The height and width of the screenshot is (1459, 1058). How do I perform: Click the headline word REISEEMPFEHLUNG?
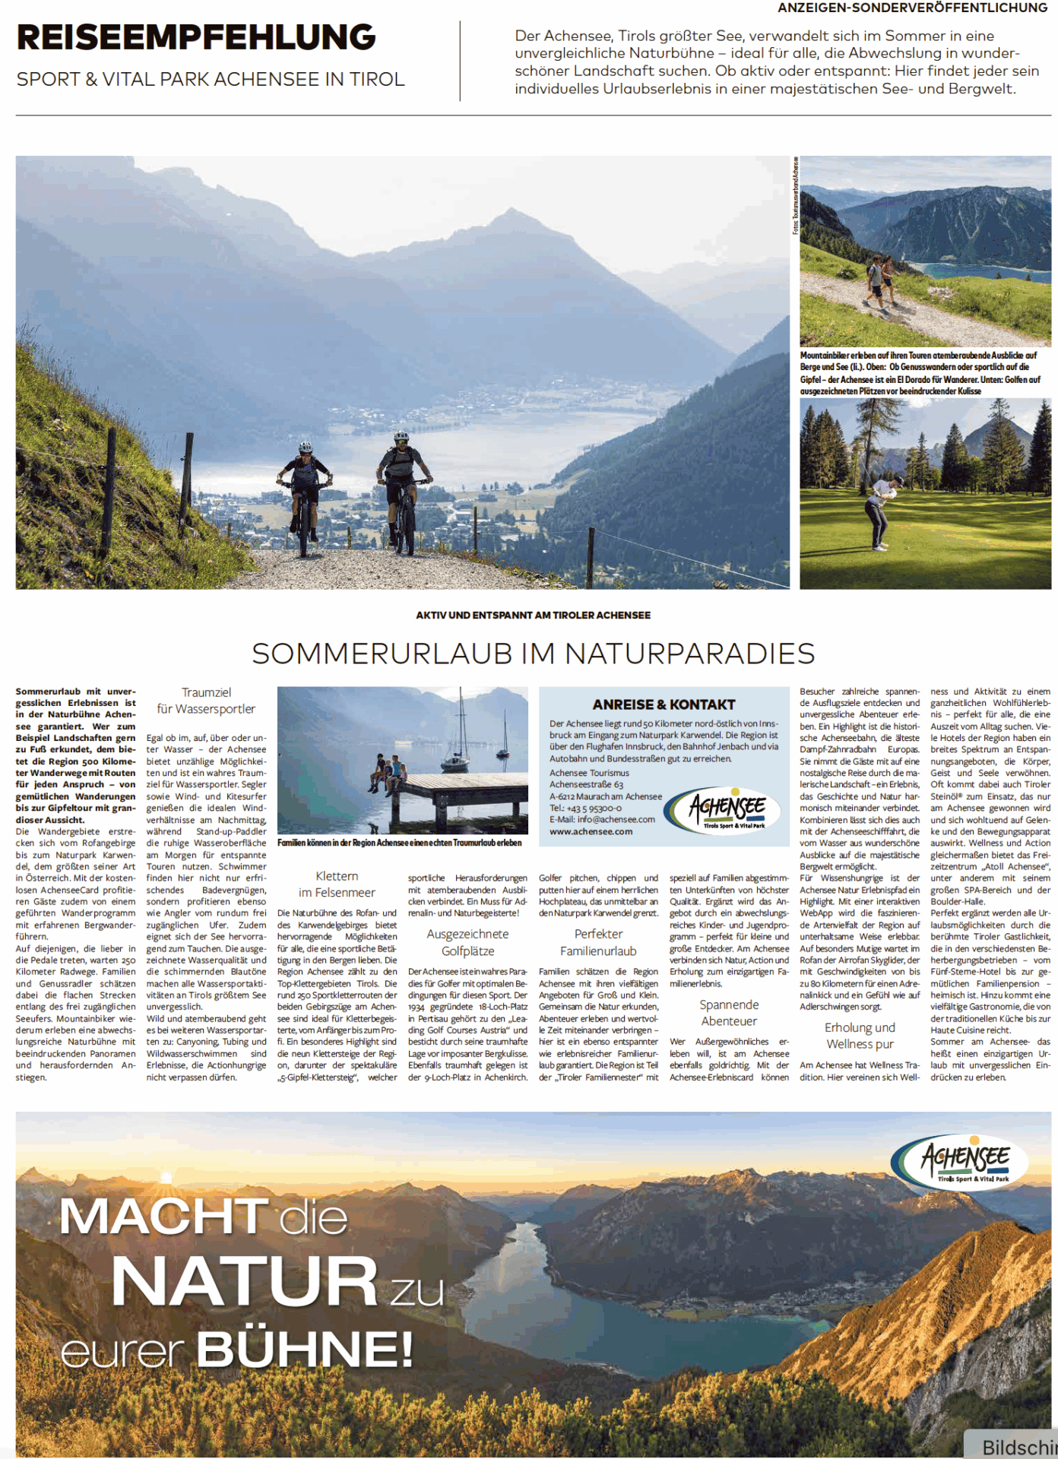(196, 37)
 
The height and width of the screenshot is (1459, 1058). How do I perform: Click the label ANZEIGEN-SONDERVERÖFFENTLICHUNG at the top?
(911, 8)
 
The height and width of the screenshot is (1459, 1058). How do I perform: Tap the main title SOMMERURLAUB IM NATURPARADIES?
(533, 654)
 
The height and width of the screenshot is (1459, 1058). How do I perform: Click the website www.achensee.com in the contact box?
(591, 831)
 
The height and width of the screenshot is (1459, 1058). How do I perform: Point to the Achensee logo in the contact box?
(727, 809)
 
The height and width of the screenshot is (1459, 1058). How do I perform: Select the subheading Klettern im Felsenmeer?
(337, 885)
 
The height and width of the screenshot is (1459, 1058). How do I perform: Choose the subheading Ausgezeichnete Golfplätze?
(467, 942)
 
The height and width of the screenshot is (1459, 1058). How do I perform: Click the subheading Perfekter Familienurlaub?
(598, 942)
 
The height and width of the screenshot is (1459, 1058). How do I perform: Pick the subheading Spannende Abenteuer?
(729, 1013)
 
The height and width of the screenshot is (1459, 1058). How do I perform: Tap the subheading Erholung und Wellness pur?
(860, 1036)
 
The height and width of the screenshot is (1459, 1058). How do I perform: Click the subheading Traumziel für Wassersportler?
(206, 701)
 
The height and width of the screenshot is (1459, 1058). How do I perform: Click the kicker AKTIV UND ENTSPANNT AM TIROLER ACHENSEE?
(533, 615)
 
